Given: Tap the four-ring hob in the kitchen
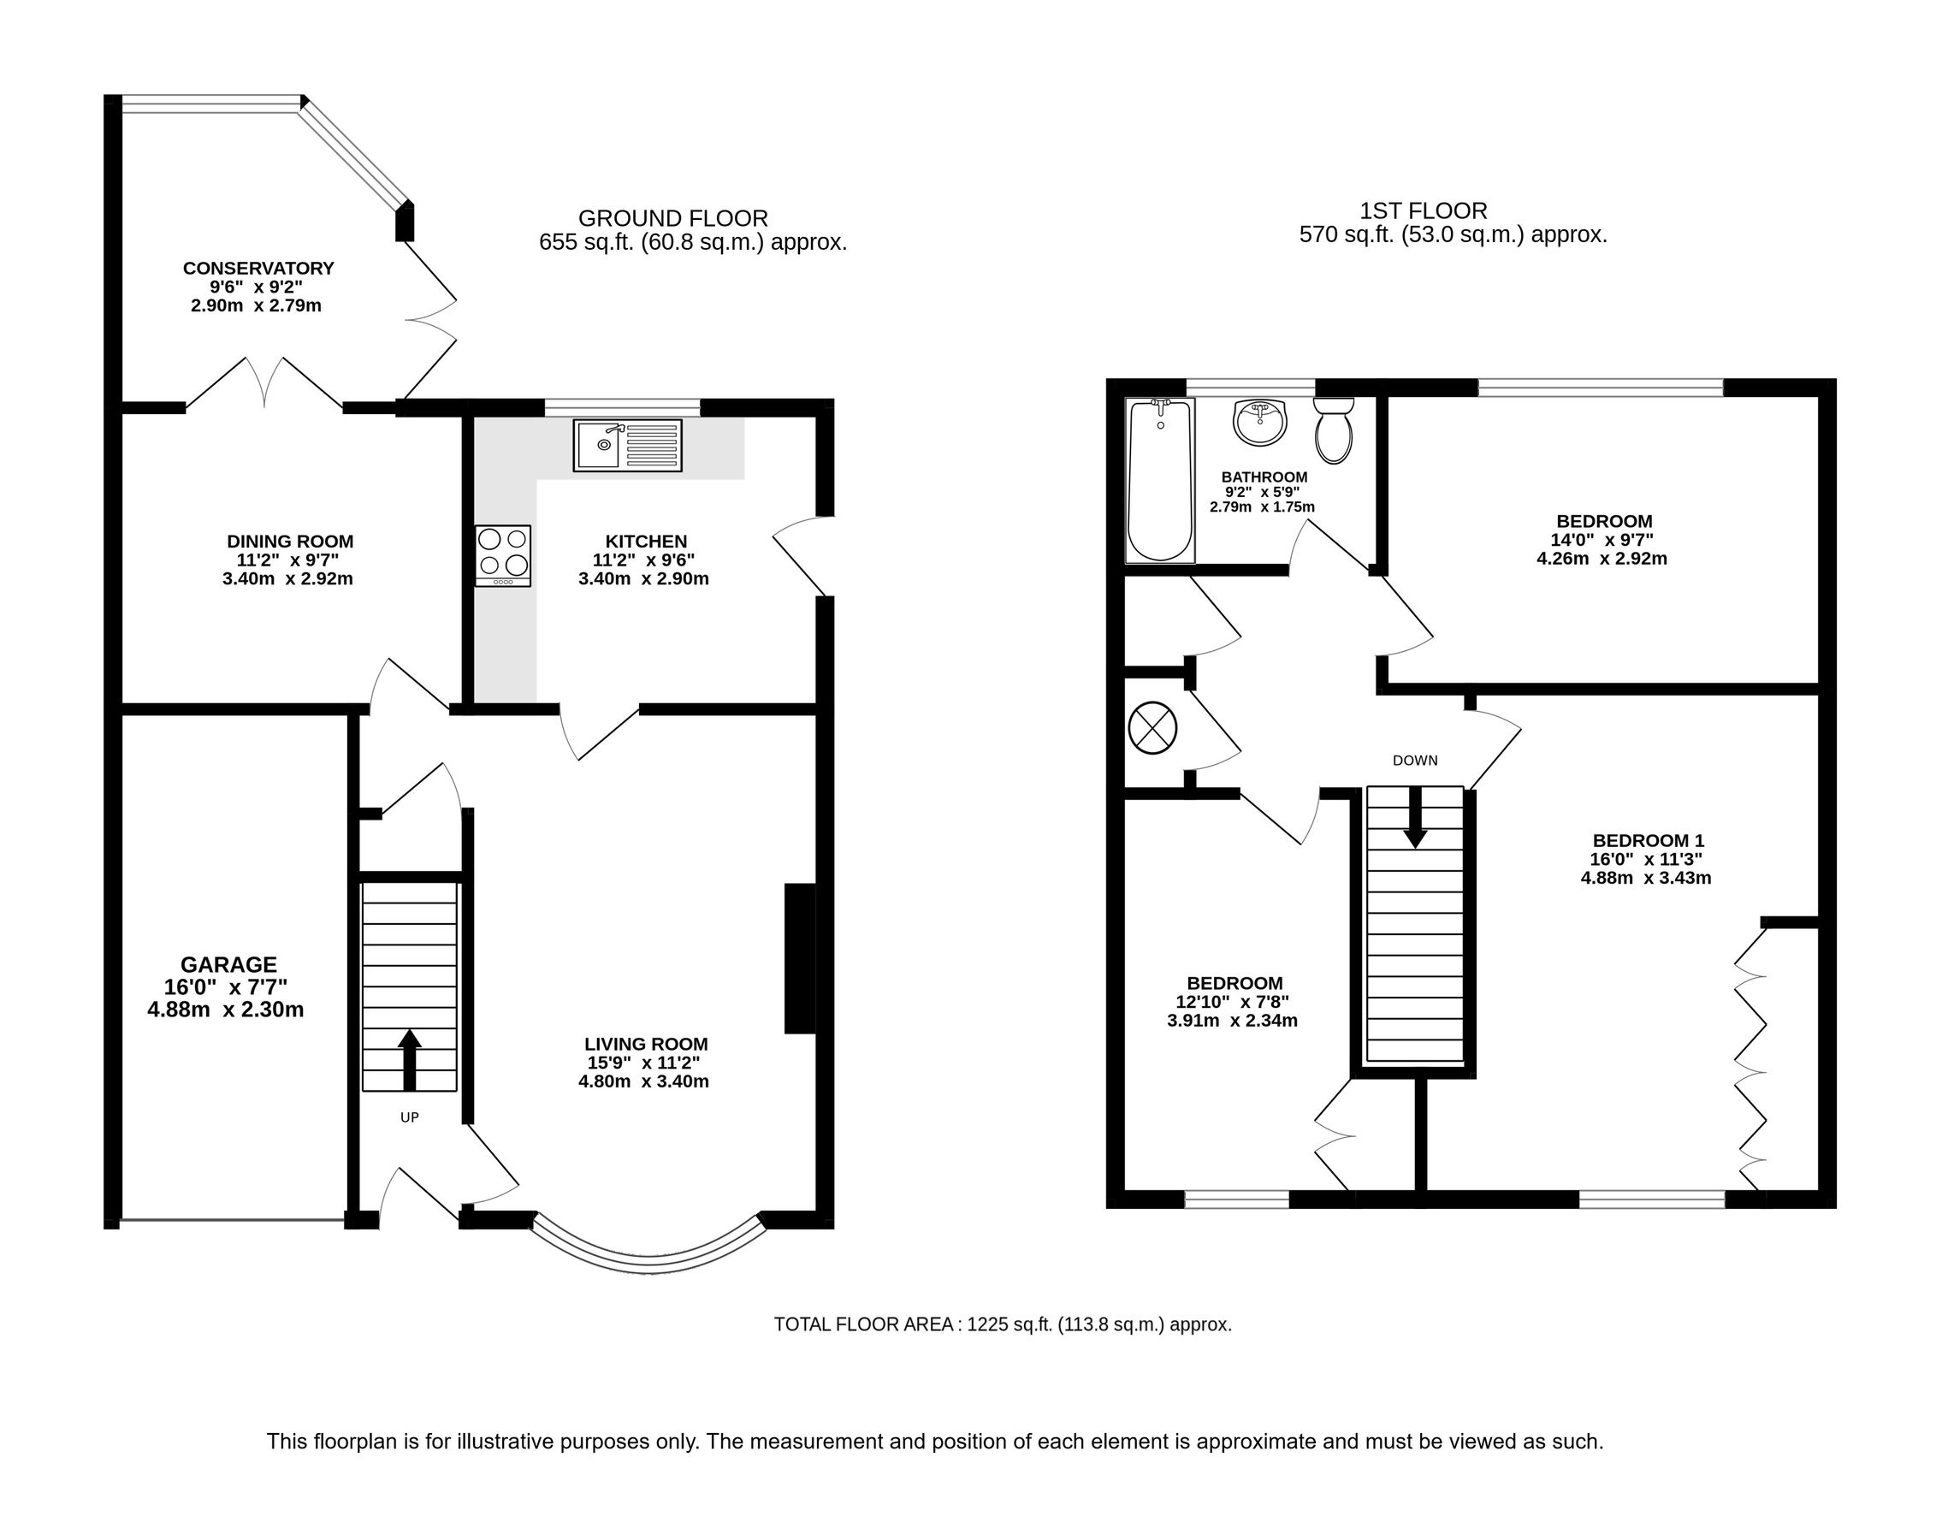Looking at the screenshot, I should tap(503, 554).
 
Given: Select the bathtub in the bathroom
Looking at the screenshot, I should tap(1160, 481).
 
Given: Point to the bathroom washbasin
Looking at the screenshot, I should tap(1260, 423).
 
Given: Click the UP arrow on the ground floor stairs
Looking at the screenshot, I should tap(409, 1059).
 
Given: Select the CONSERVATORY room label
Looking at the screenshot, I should tap(258, 269).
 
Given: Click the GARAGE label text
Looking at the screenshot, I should tap(228, 964).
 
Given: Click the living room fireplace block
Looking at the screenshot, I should tap(800, 958).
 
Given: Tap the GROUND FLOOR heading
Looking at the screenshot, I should tap(672, 218).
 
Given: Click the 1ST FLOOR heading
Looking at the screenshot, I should tap(1424, 210).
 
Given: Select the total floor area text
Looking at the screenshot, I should tap(1003, 1324).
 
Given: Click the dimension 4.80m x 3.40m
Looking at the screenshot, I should tap(643, 1081).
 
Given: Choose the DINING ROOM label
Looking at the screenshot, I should tap(290, 542).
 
